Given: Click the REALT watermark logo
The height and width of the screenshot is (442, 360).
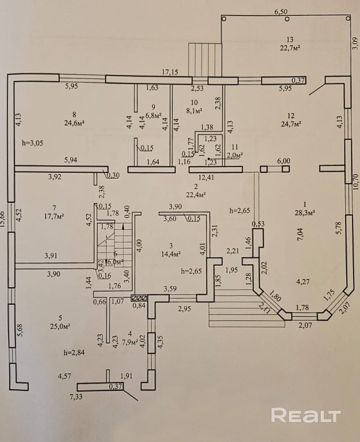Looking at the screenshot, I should click(x=306, y=415).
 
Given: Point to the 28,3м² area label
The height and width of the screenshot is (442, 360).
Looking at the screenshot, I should click(x=304, y=212).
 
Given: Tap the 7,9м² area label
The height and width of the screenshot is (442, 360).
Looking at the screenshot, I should click(x=131, y=342).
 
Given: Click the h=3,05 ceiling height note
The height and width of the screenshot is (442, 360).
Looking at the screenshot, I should click(x=33, y=143).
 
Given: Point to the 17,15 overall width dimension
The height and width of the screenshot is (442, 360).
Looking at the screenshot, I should click(x=170, y=72).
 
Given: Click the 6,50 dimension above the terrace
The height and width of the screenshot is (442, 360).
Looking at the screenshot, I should click(x=281, y=13).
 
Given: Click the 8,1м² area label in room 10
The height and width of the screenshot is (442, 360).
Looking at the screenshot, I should click(x=194, y=111).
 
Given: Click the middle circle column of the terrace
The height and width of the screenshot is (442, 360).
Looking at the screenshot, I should click(x=286, y=19).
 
